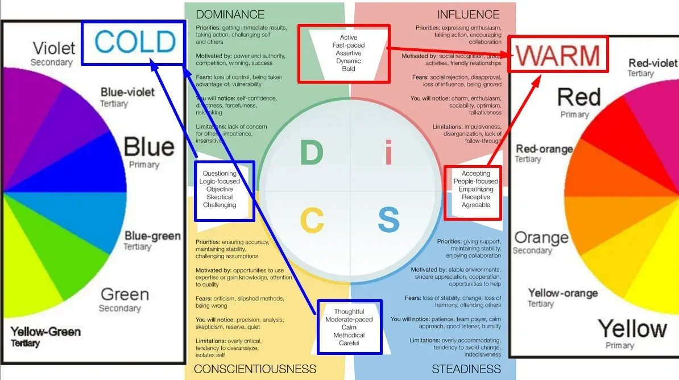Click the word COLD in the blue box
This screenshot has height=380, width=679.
tap(135, 42)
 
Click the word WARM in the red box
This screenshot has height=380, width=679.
tap(558, 55)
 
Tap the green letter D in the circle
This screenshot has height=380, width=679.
tap(311, 153)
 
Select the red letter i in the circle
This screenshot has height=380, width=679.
tap(389, 153)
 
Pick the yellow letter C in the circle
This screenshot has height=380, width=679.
tap(312, 221)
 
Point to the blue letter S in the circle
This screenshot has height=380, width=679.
tap(389, 221)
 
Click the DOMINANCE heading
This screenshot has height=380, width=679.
tap(230, 14)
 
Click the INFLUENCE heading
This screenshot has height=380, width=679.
tap(469, 14)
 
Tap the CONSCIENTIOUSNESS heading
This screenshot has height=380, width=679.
tap(255, 369)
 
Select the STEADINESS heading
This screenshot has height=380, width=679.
tap(466, 369)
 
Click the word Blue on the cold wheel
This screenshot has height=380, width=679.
tap(148, 147)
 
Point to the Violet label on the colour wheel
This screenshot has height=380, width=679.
tap(54, 48)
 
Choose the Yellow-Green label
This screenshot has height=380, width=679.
tap(45, 332)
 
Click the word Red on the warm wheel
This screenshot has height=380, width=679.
tap(578, 98)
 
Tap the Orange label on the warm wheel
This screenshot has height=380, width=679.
tap(541, 237)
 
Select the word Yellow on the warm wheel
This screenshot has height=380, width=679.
tap(632, 328)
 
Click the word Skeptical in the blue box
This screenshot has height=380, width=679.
tap(220, 197)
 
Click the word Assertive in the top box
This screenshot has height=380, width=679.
tap(349, 53)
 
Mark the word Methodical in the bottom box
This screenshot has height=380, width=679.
tap(349, 335)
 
